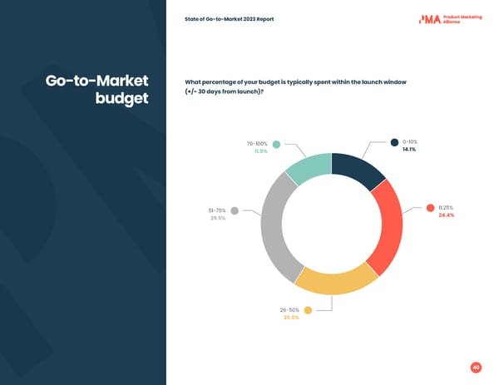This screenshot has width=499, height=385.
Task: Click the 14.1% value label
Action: click(409, 150)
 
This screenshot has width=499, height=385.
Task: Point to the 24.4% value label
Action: click(445, 215)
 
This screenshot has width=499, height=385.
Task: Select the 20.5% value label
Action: click(291, 318)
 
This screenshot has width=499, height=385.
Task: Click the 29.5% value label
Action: click(217, 218)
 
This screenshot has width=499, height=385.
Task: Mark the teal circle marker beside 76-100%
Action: click(276, 144)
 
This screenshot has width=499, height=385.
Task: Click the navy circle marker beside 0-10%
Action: click(394, 142)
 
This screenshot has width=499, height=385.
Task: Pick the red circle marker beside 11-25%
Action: click(430, 208)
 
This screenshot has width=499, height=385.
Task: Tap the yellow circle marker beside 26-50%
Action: click(308, 310)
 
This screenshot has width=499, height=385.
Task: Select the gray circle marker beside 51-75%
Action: click(235, 210)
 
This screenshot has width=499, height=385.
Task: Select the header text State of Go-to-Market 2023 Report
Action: click(230, 19)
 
